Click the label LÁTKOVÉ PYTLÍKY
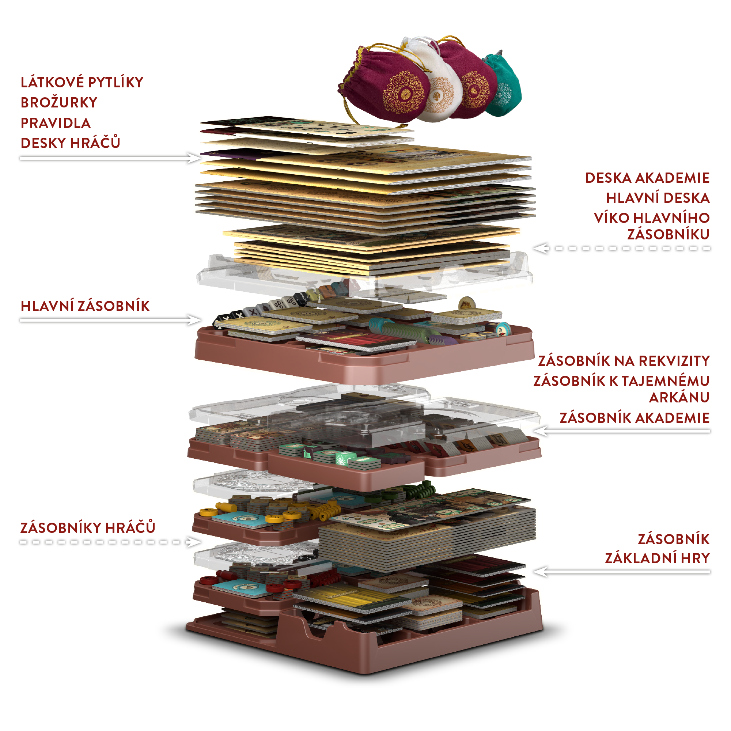coord(82,83)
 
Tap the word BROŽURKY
coord(59,103)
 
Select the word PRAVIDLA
coord(56,123)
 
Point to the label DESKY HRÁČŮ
coord(71,143)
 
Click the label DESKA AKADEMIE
coord(647,178)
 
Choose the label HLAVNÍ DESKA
coord(658,198)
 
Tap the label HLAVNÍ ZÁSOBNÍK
coord(85,306)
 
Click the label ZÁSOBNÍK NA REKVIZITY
coord(624,361)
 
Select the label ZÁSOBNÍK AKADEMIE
coord(635,418)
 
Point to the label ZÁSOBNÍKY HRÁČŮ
coord(88,527)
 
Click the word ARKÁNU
coord(679,398)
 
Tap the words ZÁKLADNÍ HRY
coord(657,558)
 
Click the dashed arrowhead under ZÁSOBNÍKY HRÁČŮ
coord(194,542)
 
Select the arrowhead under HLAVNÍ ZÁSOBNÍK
coord(194,320)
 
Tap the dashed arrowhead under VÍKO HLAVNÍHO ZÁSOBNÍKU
coord(539,249)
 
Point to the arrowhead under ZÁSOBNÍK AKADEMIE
coord(539,431)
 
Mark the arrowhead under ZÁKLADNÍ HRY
coord(539,572)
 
